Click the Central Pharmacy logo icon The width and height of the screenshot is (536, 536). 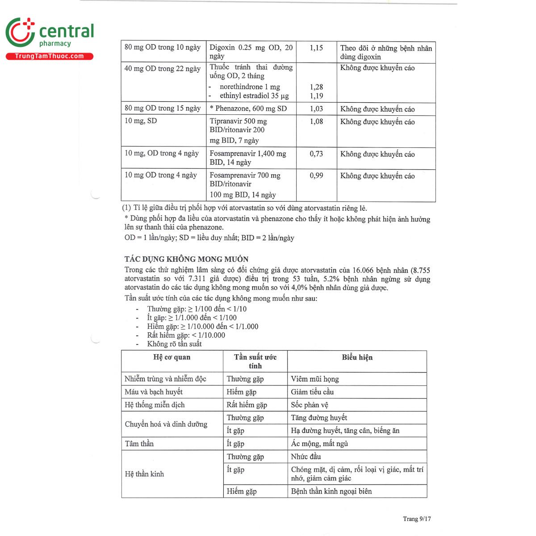(x=20, y=32)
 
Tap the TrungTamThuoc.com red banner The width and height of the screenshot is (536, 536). (x=49, y=56)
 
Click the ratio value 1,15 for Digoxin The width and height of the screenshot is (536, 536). (x=316, y=48)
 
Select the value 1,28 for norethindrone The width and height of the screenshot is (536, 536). (x=316, y=87)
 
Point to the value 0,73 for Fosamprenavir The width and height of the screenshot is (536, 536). (x=316, y=154)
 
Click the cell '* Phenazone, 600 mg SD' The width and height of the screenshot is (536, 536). (x=248, y=109)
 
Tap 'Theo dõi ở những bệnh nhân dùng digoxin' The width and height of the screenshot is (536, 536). (x=386, y=52)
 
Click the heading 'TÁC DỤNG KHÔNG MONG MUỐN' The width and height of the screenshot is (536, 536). (x=186, y=259)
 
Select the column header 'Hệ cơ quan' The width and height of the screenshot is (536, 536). (x=172, y=357)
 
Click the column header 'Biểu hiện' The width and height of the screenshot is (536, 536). (x=357, y=357)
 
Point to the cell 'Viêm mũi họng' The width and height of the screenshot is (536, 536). (x=315, y=379)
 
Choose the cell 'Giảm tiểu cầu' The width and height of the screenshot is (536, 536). (x=312, y=392)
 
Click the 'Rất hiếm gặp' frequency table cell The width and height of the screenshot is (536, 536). (x=247, y=405)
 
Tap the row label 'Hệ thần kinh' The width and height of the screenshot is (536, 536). (x=144, y=474)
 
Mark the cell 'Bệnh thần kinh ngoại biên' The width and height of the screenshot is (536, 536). (x=331, y=491)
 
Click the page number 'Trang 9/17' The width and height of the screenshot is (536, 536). (x=417, y=519)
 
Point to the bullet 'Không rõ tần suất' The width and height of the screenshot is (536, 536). (x=174, y=344)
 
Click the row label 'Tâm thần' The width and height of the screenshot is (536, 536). (x=139, y=444)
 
